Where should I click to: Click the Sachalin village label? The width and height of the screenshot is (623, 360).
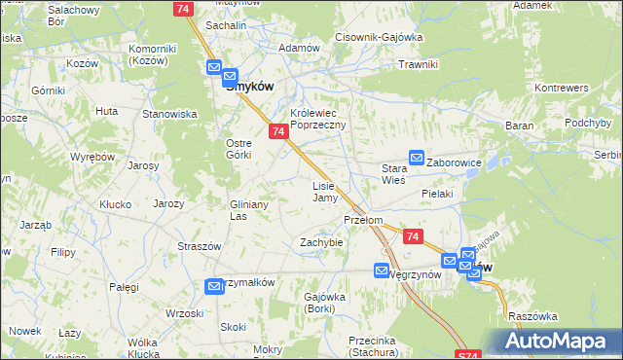tap(224, 25)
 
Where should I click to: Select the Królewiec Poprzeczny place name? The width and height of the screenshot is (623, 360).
tap(318, 120)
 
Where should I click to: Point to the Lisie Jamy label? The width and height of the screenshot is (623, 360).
tap(324, 192)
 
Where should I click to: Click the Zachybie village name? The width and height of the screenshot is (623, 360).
tap(321, 242)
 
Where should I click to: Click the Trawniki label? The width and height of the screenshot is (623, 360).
tap(421, 64)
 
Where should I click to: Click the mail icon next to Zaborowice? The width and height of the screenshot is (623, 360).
tap(417, 157)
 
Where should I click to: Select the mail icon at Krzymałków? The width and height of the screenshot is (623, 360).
tap(214, 285)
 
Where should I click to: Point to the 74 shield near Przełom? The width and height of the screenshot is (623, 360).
tap(413, 236)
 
